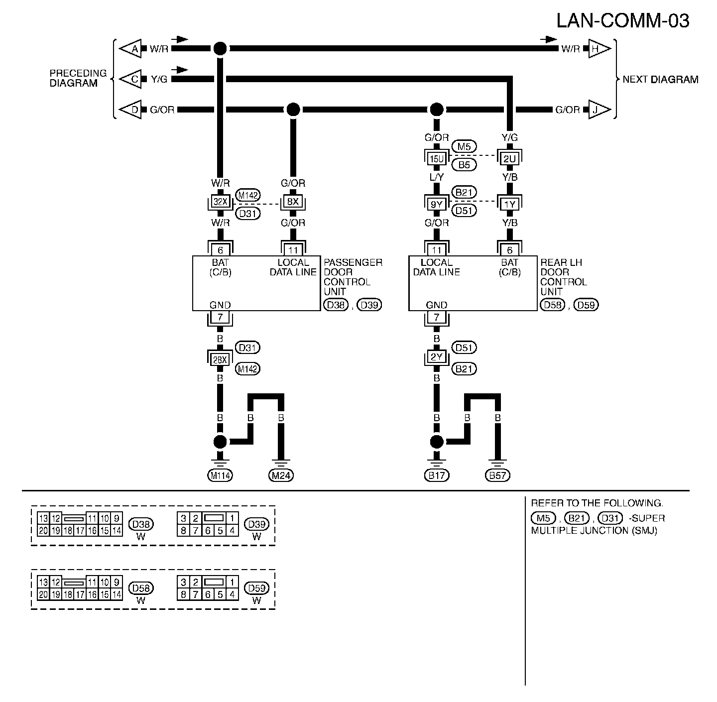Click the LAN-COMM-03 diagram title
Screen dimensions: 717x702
pos(622,21)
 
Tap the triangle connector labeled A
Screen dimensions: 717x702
pos(130,48)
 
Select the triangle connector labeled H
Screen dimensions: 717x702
pos(599,48)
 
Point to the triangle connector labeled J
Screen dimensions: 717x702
pos(599,110)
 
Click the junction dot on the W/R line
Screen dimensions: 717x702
pos(220,48)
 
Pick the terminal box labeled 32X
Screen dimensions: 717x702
pos(220,202)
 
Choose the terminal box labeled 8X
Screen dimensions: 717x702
pos(293,202)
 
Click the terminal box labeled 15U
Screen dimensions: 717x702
pos(437,159)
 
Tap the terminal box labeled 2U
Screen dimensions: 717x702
pos(509,159)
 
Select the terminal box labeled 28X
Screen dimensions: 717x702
pos(220,359)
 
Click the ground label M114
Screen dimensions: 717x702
pos(220,475)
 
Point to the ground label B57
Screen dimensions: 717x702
pos(497,475)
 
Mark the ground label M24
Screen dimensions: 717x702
pos(281,475)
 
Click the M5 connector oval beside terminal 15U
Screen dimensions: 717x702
pos(464,147)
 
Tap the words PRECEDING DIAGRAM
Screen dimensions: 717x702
pos(78,78)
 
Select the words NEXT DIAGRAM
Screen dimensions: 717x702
pos(660,80)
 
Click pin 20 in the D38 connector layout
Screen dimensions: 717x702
pos(43,531)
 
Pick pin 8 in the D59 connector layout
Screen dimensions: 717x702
pos(183,594)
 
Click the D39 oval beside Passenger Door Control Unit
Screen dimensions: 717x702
pos(369,305)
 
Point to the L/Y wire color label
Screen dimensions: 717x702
pos(437,177)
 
